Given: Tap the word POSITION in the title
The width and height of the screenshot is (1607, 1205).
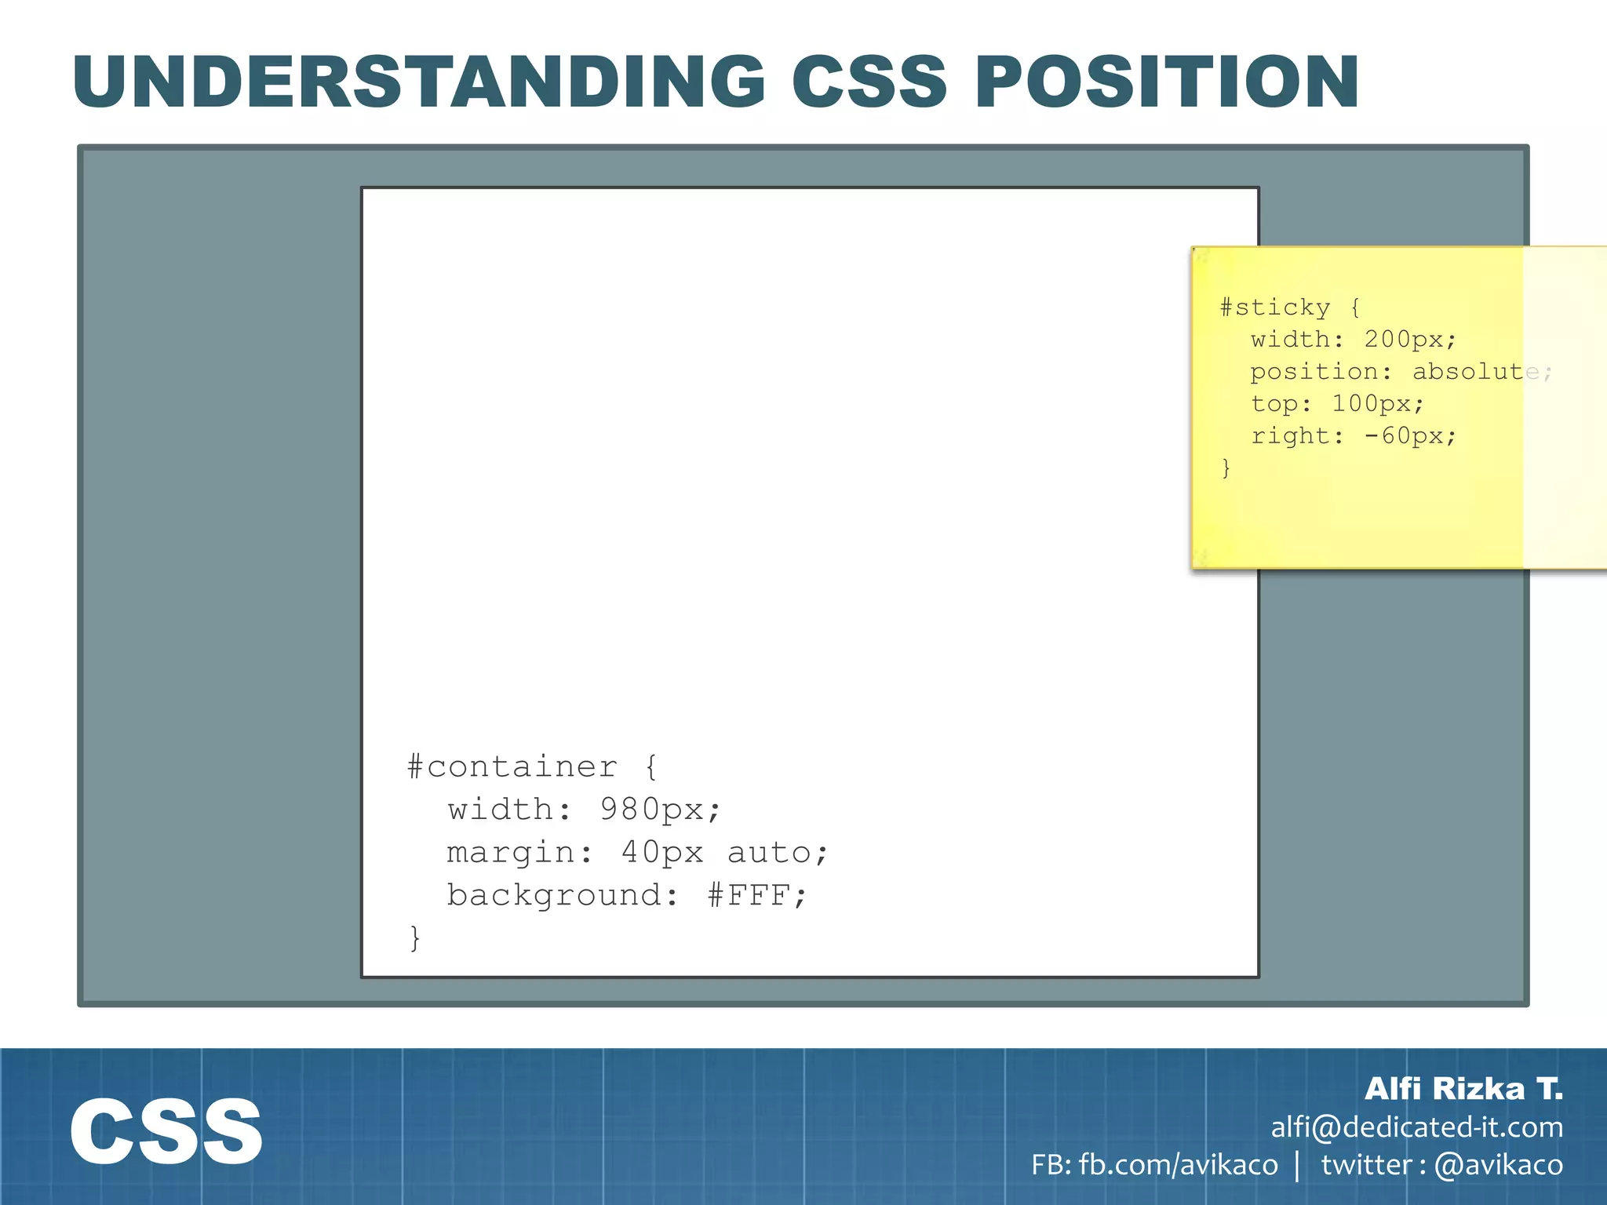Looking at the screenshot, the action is (1167, 82).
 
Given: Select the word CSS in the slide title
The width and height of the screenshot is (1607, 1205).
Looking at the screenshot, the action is (869, 82).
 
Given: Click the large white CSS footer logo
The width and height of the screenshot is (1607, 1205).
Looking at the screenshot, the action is (166, 1131).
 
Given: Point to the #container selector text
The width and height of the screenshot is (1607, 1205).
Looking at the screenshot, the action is (512, 766).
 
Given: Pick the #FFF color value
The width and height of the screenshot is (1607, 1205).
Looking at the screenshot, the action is (756, 895).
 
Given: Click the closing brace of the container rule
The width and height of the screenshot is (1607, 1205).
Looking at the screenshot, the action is (415, 938).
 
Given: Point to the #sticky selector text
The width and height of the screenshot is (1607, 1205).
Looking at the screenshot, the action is (1275, 307).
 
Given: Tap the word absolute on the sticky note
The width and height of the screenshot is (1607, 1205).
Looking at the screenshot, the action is (1476, 371).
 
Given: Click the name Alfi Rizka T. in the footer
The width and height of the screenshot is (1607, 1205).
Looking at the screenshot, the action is (1463, 1089).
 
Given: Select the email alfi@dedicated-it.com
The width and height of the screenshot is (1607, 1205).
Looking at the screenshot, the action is (1417, 1127).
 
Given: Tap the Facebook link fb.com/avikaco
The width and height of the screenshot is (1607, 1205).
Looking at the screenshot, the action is (1178, 1165).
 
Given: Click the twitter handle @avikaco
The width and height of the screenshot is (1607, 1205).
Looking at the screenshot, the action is (1498, 1165).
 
